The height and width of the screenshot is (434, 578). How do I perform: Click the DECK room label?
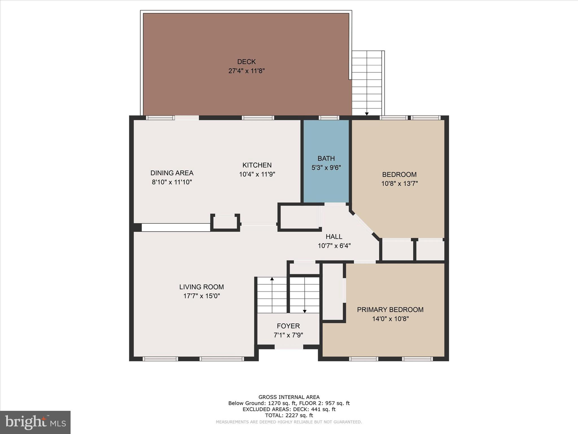[246, 62]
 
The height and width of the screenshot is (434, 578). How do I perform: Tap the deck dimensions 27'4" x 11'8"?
[246, 71]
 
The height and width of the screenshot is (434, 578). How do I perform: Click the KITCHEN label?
[257, 165]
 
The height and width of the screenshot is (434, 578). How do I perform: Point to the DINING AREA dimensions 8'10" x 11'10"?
[172, 182]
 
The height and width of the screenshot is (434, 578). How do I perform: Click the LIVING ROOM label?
[202, 287]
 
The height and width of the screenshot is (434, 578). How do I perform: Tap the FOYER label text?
[288, 326]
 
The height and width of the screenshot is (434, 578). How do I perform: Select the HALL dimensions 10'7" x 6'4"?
[334, 246]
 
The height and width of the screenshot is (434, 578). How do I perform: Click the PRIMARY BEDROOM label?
[390, 310]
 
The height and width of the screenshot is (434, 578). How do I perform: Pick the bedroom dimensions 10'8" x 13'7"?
[399, 184]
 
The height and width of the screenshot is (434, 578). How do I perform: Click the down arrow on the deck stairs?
[367, 114]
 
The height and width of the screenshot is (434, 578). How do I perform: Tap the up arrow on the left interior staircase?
[272, 279]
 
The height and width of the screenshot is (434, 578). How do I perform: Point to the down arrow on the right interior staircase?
[305, 311]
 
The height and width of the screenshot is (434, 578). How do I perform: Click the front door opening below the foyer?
[288, 347]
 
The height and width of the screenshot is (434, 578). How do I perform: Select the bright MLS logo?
[35, 422]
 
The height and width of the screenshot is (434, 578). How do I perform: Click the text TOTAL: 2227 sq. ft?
[289, 415]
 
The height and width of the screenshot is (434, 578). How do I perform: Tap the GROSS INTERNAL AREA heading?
[289, 397]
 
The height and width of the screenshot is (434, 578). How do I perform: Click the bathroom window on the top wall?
[329, 118]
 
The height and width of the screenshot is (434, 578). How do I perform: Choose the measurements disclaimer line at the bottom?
[289, 422]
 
